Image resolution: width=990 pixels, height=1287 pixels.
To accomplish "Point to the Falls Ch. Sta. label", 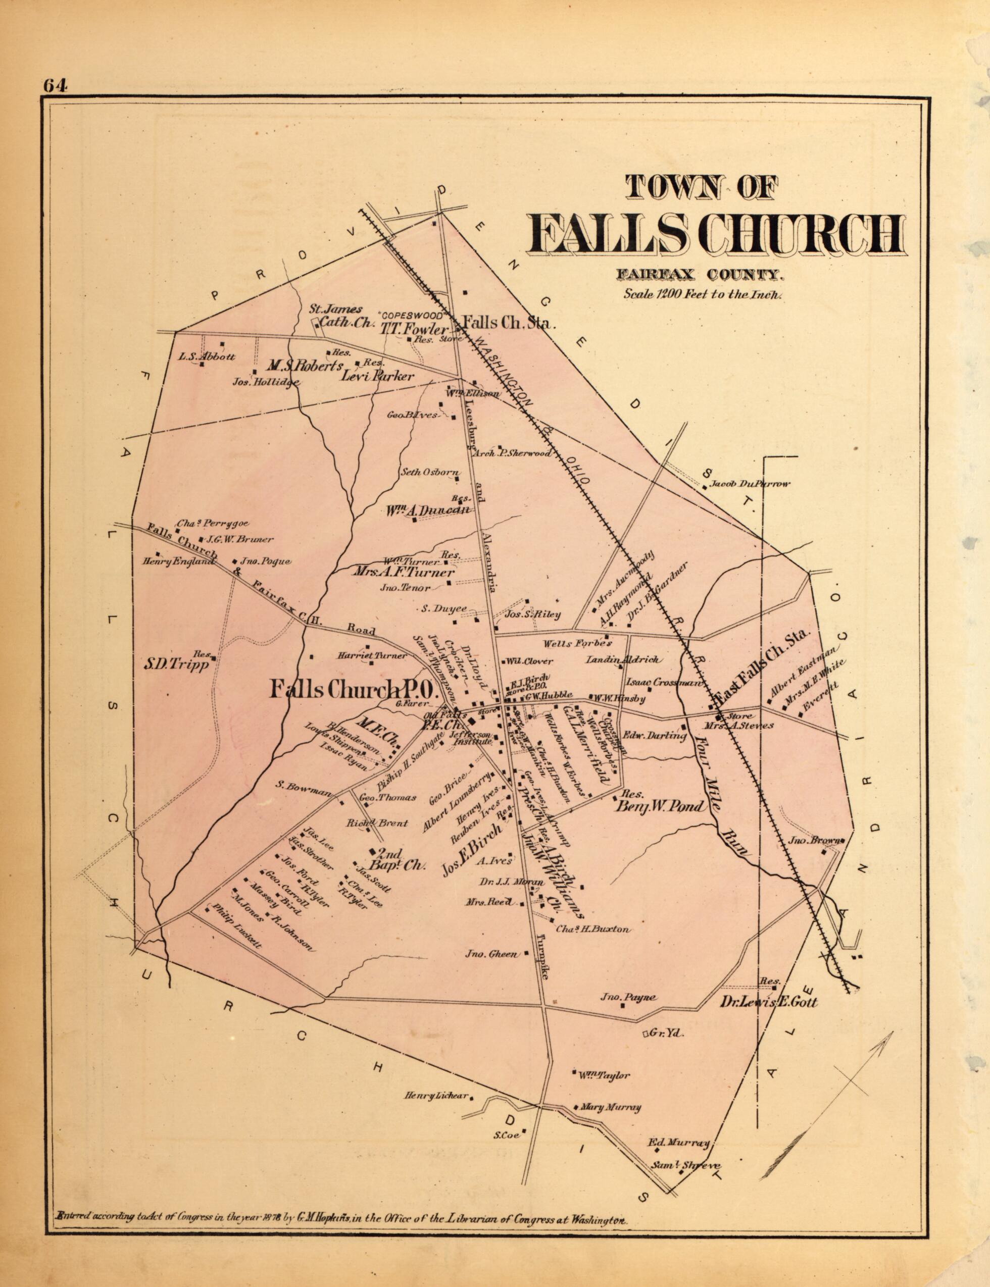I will [x=509, y=323].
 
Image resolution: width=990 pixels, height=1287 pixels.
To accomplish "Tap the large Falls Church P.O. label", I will [x=351, y=690].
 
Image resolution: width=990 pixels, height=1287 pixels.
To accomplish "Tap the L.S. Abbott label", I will [x=208, y=356].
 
